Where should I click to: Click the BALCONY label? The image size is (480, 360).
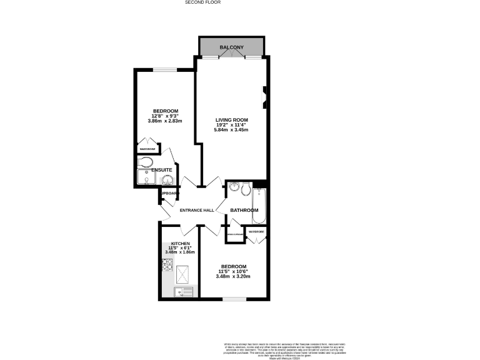coord(232,47)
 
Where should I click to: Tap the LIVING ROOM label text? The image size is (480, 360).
coord(232,119)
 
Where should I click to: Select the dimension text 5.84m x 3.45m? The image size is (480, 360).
coord(231,130)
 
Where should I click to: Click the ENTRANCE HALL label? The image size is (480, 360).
coord(197,210)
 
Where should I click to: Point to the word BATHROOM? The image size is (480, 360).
coord(244,210)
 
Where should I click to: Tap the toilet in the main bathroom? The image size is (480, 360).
coord(246,189)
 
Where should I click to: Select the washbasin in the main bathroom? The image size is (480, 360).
coord(233,187)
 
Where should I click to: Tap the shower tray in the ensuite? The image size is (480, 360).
coord(147,181)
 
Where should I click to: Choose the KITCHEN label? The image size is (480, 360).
coord(181,243)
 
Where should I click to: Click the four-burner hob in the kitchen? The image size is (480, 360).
coord(167,266)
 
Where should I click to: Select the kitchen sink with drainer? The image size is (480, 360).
coord(185,291)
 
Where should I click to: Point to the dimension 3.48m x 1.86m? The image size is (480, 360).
coord(181,252)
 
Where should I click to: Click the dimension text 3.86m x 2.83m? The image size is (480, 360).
coord(165,121)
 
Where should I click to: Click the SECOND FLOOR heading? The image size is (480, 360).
coord(203,2)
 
